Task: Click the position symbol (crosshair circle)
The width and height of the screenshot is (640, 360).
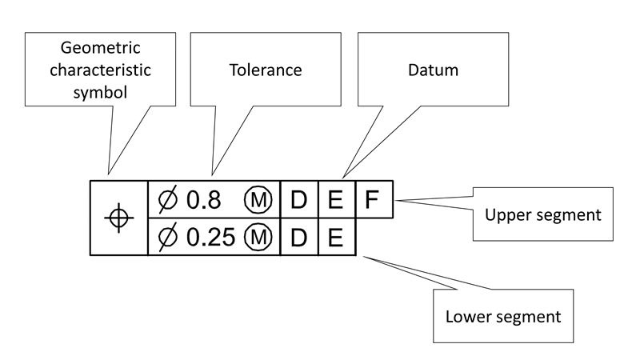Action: click(118, 218)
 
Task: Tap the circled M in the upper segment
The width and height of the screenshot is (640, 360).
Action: click(258, 199)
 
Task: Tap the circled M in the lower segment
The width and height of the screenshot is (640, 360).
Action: click(258, 237)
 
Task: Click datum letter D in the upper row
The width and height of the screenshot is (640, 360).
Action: click(299, 199)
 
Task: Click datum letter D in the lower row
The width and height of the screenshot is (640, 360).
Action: click(299, 237)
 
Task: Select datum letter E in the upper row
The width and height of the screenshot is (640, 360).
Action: click(337, 199)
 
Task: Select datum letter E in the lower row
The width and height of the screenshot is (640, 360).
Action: click(337, 237)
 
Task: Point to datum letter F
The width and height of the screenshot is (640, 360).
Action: click(373, 199)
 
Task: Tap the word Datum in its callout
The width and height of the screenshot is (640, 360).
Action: click(433, 70)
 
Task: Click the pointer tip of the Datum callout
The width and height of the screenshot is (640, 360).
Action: click(344, 178)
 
